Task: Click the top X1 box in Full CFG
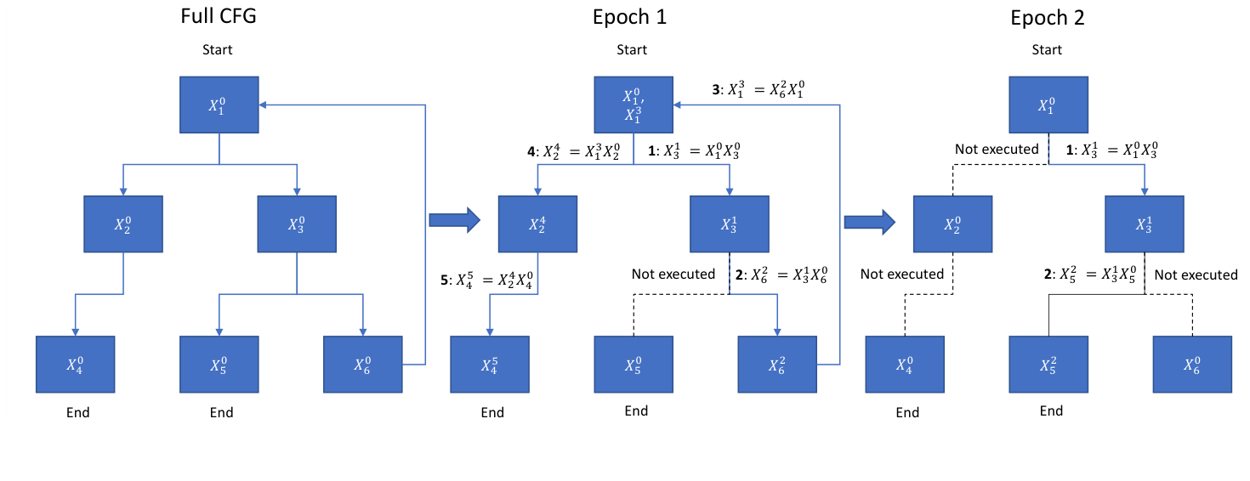point(219,105)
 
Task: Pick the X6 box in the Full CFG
point(362,365)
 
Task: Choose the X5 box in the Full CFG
point(219,365)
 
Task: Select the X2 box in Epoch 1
point(537,224)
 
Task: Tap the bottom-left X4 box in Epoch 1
point(489,365)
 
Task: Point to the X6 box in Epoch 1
point(777,365)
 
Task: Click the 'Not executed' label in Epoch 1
point(673,274)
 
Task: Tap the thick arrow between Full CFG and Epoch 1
point(454,221)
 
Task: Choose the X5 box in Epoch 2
point(1049,365)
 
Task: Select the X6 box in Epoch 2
point(1192,365)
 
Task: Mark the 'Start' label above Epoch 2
point(1047,49)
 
